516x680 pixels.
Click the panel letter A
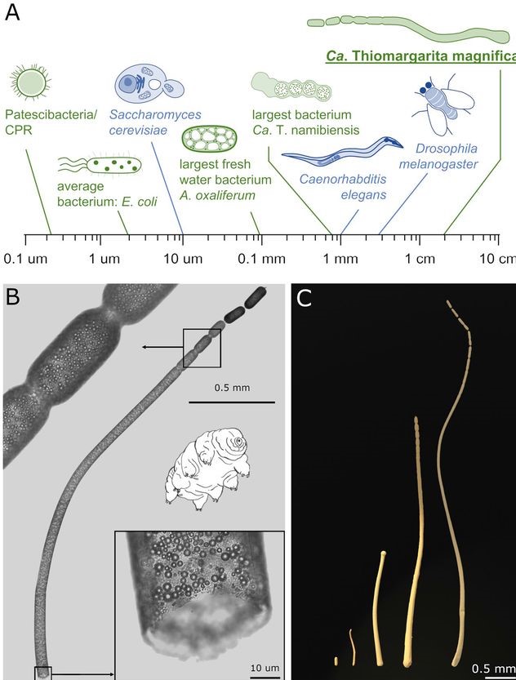pos(13,14)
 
